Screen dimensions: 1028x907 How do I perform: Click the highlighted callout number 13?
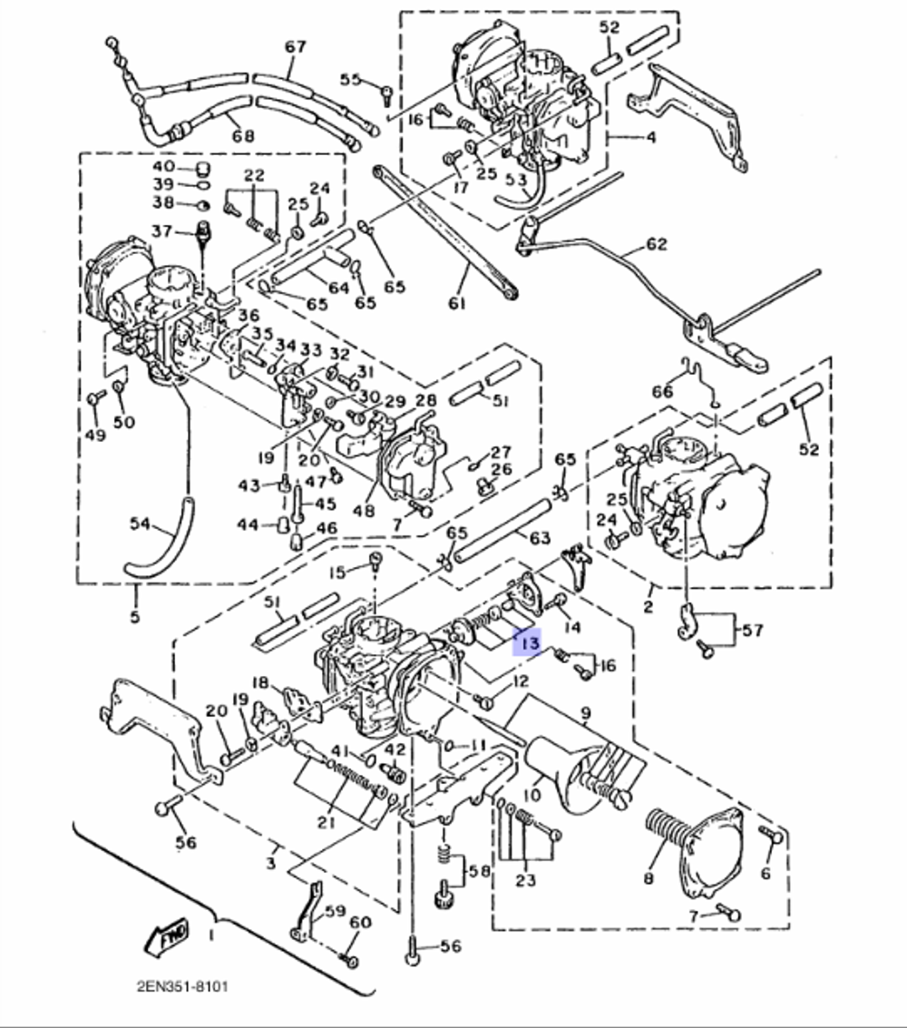coord(527,644)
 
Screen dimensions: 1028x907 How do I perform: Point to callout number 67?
coord(296,46)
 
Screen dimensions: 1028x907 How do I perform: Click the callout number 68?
coord(243,137)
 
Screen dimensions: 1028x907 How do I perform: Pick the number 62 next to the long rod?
coord(656,244)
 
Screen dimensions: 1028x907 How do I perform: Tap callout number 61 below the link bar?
coord(455,302)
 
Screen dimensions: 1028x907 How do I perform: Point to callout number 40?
coord(163,168)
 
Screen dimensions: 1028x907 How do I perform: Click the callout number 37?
coord(162,231)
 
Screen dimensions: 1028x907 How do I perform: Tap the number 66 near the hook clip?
coord(663,392)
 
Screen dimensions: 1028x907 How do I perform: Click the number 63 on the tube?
coord(540,539)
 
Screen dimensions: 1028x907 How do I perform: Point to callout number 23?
coord(526,880)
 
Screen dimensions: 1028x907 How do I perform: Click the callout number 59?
coord(335,910)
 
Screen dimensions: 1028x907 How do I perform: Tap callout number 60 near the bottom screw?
coord(360,923)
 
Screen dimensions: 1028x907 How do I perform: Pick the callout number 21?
coord(326,822)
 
